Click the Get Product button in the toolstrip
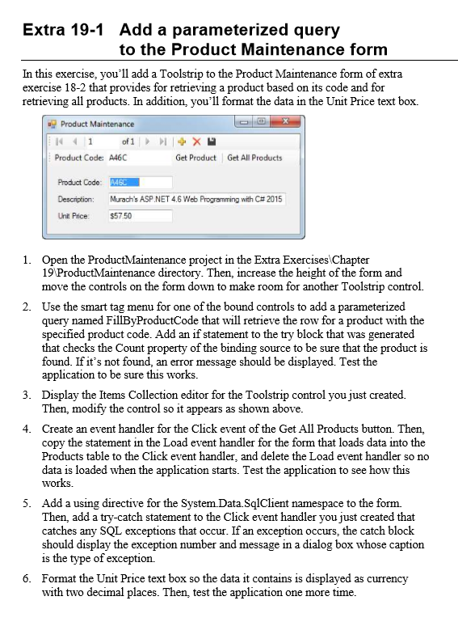196,158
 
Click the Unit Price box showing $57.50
139,216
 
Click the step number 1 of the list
26,259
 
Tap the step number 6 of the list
26,578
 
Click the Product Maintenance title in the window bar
97,124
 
